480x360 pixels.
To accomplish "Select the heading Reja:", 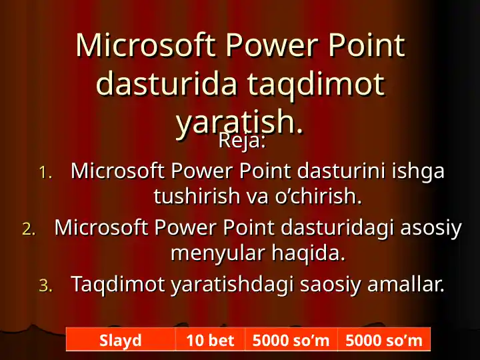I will [243, 142].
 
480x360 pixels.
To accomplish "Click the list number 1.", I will [45, 173].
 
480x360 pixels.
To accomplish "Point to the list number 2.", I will [29, 229].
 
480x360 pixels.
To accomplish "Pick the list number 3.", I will [45, 286].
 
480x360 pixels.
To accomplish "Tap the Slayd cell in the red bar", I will [121, 341].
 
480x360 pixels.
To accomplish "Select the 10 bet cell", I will [210, 341].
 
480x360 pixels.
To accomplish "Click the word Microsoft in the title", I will [145, 45].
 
